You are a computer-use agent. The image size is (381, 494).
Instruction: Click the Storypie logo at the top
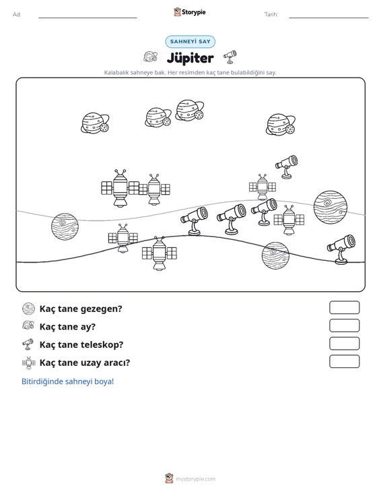189,12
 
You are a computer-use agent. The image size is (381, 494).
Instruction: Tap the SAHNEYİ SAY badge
190,42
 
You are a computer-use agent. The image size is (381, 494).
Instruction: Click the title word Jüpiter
190,58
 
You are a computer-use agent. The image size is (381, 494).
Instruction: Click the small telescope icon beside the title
230,57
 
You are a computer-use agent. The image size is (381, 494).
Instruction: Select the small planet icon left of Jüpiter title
150,57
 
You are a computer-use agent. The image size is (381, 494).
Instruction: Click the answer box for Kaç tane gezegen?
344,307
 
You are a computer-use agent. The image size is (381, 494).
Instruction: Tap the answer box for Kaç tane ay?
344,326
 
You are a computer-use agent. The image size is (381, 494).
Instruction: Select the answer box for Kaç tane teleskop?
344,344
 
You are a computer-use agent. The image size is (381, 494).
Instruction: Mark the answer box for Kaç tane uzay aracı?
344,361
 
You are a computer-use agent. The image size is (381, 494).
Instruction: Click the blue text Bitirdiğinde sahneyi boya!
67,381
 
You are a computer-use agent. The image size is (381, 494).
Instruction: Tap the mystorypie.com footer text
196,479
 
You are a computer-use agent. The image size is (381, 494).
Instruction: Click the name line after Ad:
88,18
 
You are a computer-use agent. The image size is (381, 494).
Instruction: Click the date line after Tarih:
328,18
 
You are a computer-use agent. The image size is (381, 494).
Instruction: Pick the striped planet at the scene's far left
65,226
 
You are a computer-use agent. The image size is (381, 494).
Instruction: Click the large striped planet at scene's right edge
331,208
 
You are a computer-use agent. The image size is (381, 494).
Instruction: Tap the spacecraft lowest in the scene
159,253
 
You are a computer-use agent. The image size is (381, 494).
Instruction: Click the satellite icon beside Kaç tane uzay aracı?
29,363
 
